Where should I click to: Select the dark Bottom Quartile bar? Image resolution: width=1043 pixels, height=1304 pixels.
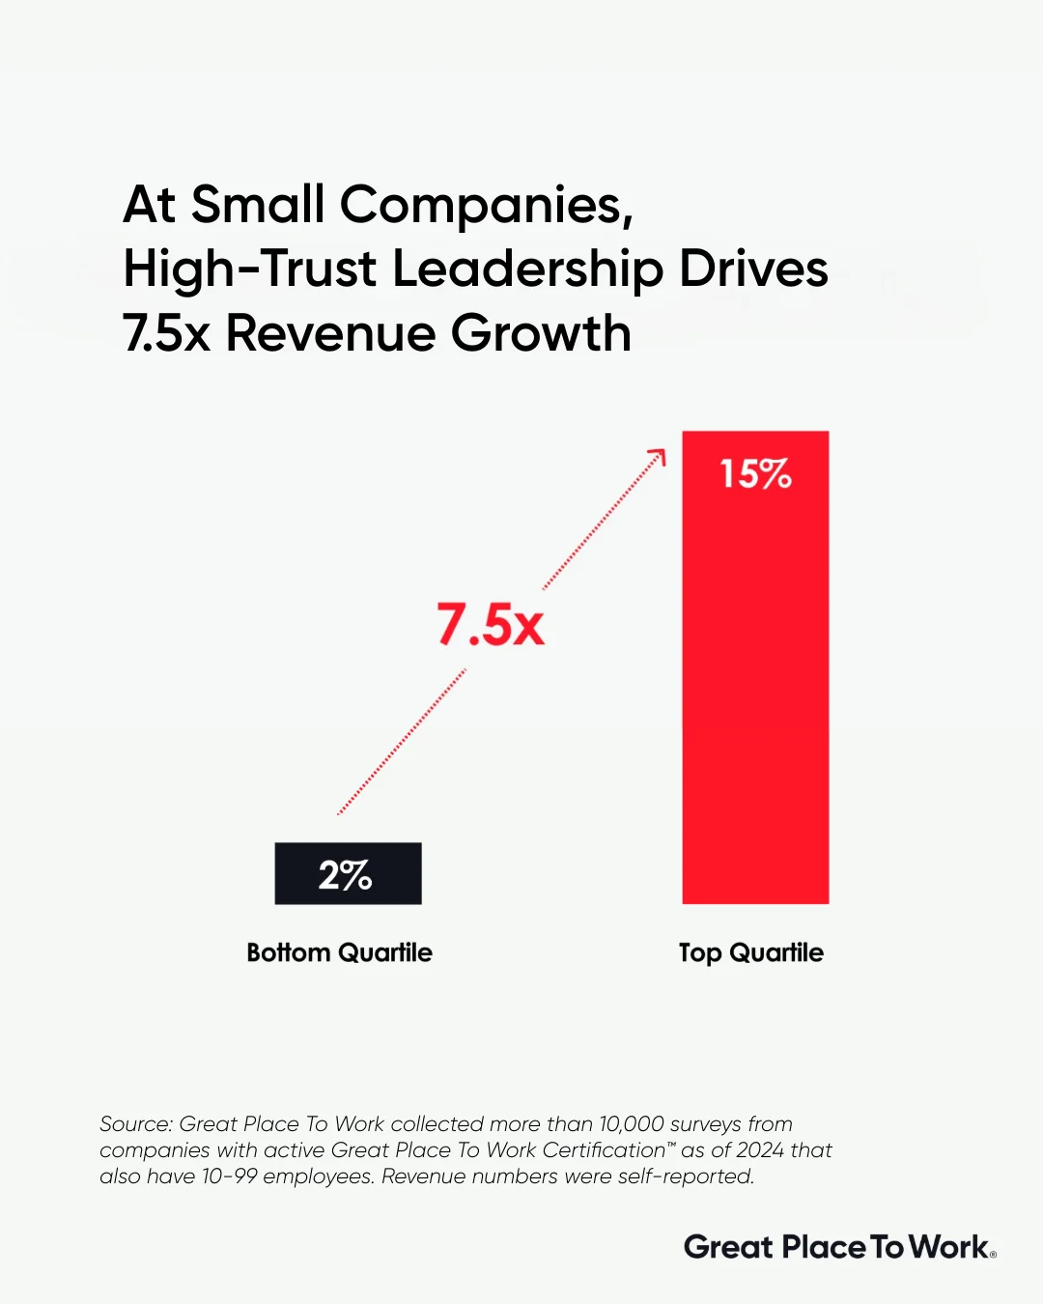(x=348, y=873)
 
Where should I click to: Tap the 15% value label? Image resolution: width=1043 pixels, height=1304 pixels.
(x=755, y=474)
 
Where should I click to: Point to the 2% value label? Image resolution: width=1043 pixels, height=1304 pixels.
(x=345, y=875)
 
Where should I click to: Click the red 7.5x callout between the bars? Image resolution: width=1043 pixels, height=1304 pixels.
(x=491, y=625)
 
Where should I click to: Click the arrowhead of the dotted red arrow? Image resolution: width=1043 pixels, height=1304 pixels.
(x=660, y=455)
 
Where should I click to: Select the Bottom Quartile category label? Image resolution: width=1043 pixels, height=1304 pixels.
(x=339, y=952)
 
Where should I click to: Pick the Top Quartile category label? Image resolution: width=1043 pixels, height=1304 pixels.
(x=750, y=953)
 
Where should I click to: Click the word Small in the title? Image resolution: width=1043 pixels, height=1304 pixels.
(x=258, y=205)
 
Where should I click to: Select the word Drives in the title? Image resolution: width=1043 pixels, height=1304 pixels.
(x=753, y=269)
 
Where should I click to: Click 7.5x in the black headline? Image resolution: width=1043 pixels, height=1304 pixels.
(x=166, y=333)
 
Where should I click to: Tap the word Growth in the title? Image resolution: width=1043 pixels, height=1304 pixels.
(x=541, y=333)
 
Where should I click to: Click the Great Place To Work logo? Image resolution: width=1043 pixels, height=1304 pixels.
(x=839, y=1247)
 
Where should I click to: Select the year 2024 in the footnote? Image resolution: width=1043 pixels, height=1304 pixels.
(x=759, y=1150)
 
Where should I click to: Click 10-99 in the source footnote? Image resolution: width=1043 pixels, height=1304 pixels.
(x=229, y=1176)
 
